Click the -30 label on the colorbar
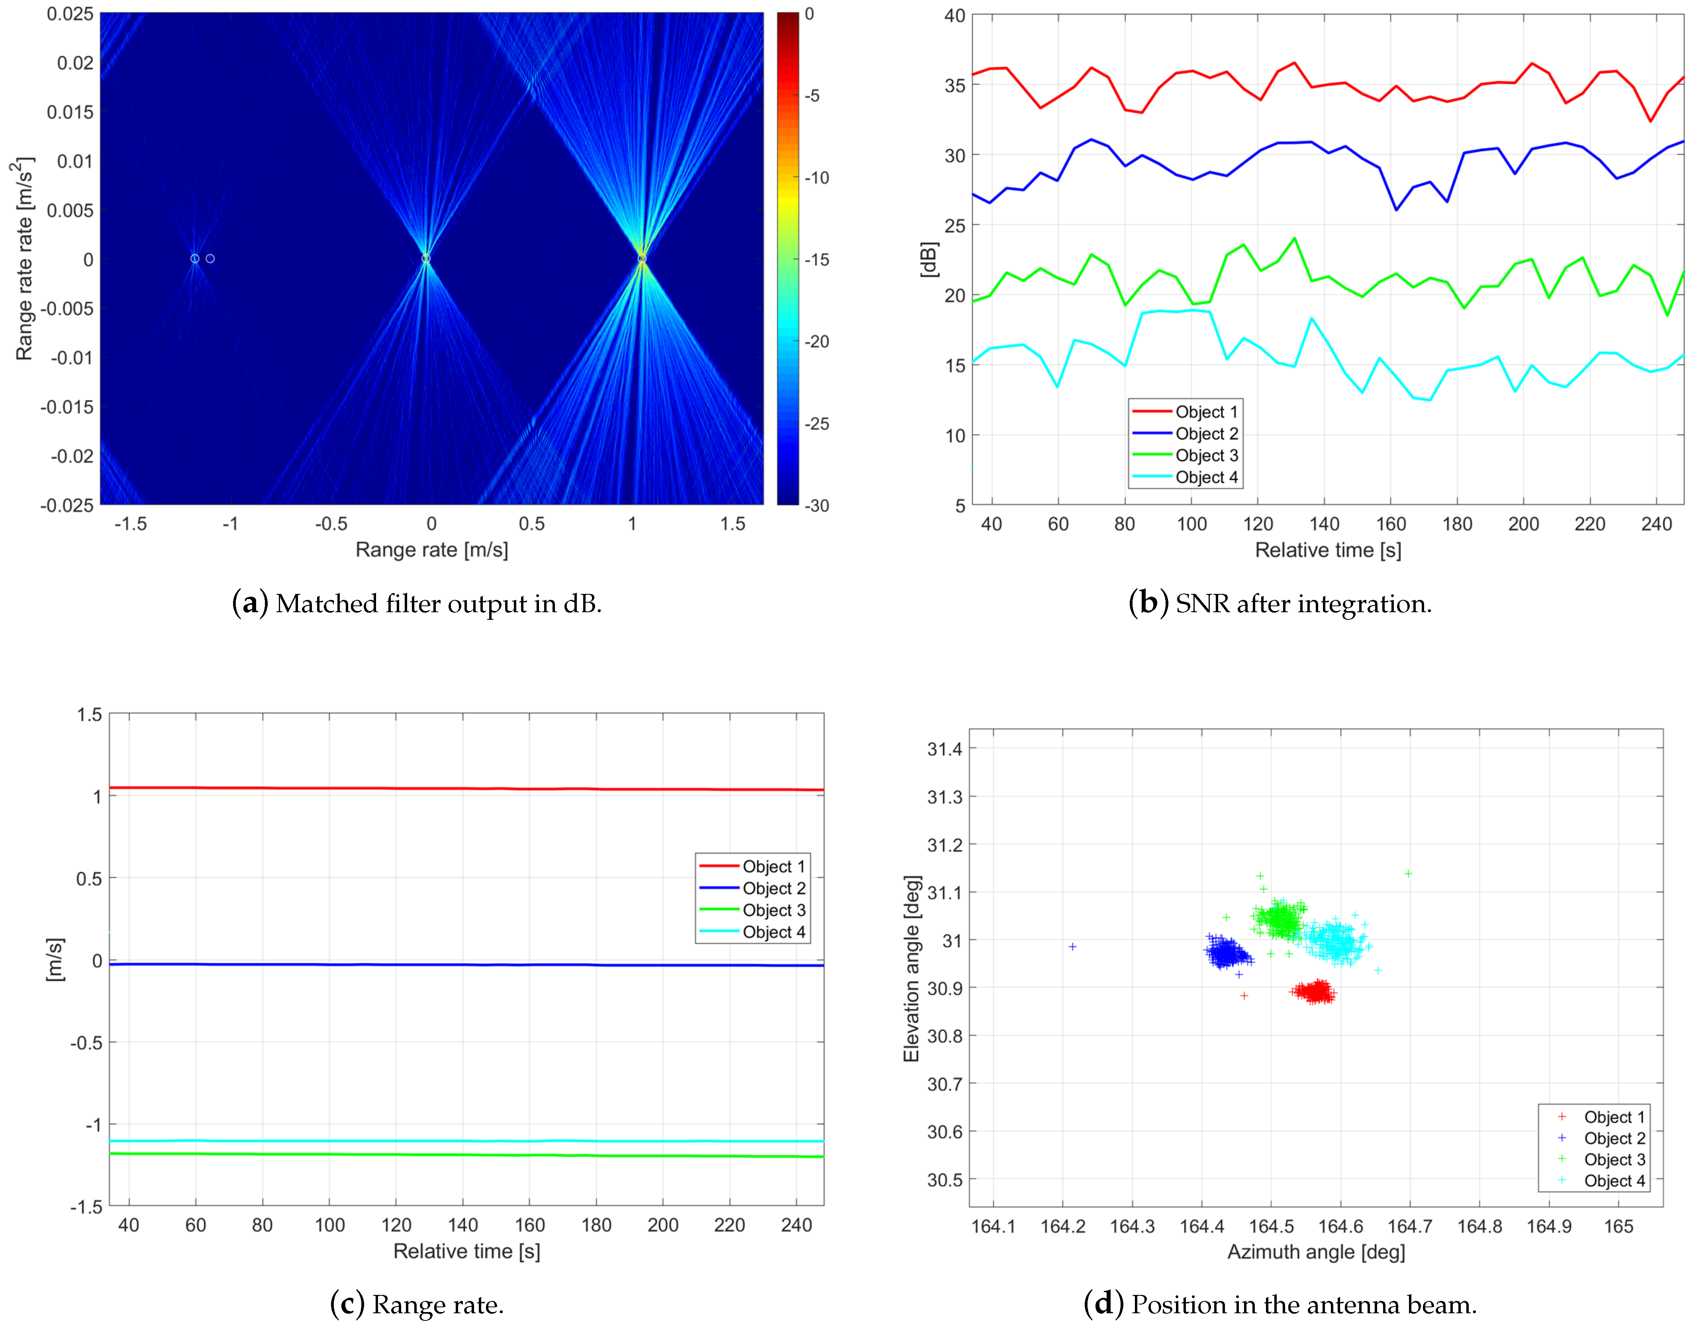coord(817,505)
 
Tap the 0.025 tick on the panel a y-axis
coord(70,14)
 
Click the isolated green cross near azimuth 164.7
coord(1408,874)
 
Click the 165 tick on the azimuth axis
coord(1618,1226)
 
